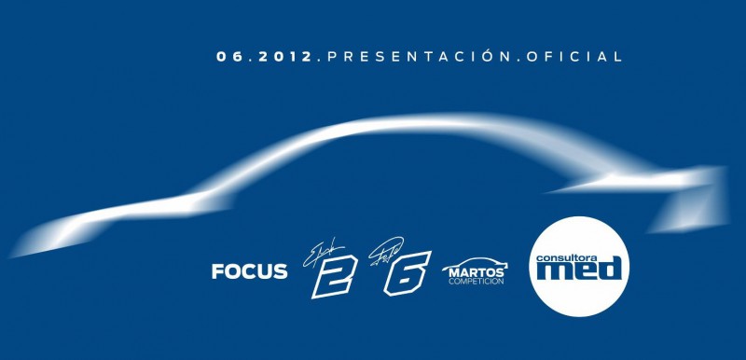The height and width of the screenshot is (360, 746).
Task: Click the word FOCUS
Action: (249, 272)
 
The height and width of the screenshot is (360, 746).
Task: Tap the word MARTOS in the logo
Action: (477, 271)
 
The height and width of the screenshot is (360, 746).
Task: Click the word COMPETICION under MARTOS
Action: (477, 281)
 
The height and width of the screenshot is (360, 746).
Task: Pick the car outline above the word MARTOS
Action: (477, 261)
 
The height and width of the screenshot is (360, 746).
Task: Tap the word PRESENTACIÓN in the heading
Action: (415, 57)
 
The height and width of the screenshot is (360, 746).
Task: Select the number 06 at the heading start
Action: (229, 57)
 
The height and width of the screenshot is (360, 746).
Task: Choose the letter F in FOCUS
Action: (218, 272)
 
